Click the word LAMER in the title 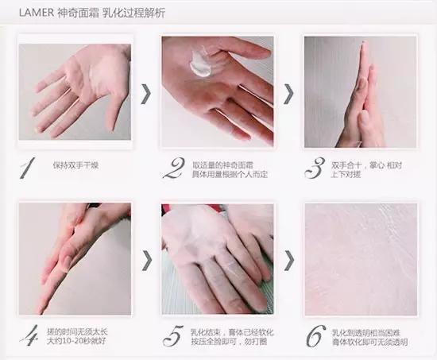coord(37,13)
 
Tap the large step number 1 coord(28,168)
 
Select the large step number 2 coord(174,168)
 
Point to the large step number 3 coord(315,168)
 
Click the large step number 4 coord(30,335)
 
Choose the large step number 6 coord(316,336)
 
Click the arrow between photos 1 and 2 coord(146,94)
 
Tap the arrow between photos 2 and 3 coord(288,94)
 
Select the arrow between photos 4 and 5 coord(147,261)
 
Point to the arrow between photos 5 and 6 coord(289,261)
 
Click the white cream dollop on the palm coord(200,64)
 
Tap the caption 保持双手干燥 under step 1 coord(75,165)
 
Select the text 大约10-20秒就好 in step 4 coord(76,341)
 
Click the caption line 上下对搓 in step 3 coord(346,175)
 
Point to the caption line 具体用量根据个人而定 coord(230,175)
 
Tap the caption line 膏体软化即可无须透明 coord(369,343)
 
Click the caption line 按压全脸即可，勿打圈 coord(229,342)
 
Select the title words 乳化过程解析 coord(134,13)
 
